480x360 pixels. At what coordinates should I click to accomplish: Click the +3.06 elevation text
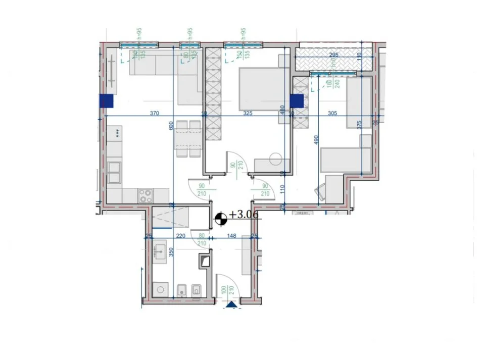point(244,215)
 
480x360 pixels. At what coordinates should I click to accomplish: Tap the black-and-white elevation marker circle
point(220,218)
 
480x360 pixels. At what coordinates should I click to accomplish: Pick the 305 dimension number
point(332,114)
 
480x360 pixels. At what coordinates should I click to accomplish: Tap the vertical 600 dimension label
point(171,126)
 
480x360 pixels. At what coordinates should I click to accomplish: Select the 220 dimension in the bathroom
point(181,235)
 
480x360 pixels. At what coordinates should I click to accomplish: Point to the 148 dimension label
point(232,235)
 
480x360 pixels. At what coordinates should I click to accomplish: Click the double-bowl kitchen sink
point(114,172)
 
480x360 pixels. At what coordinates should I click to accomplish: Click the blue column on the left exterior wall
point(107,101)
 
